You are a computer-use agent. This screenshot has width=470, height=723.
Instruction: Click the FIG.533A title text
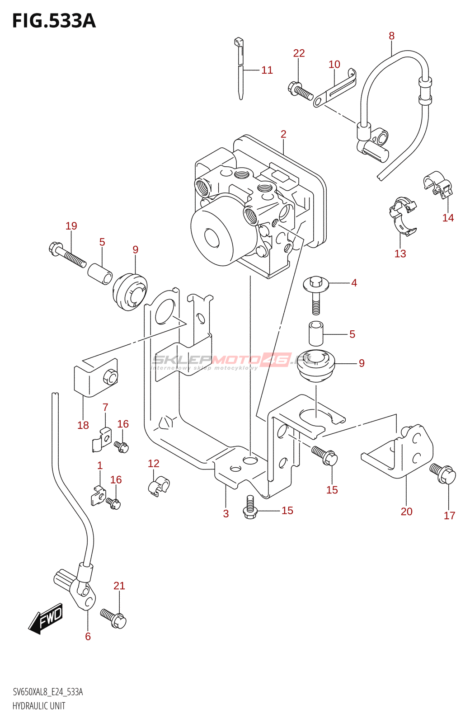pos(54,21)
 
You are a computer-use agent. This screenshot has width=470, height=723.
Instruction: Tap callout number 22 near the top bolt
pos(299,53)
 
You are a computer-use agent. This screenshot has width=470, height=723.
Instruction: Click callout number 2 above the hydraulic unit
pos(283,134)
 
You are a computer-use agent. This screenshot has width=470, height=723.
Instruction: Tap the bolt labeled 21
pos(113,618)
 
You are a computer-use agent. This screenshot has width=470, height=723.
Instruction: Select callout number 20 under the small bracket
pos(406,512)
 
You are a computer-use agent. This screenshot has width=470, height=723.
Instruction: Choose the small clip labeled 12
pos(158,486)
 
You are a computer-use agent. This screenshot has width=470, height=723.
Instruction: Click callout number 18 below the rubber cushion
pos(83,425)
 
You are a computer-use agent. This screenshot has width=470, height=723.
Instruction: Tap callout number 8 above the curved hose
pos(391,36)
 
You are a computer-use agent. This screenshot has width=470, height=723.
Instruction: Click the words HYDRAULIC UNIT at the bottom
pos(39,706)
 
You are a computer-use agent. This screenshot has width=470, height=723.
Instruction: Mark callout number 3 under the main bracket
pos(226,514)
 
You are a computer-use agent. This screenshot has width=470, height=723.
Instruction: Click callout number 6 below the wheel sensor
pos(88,637)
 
